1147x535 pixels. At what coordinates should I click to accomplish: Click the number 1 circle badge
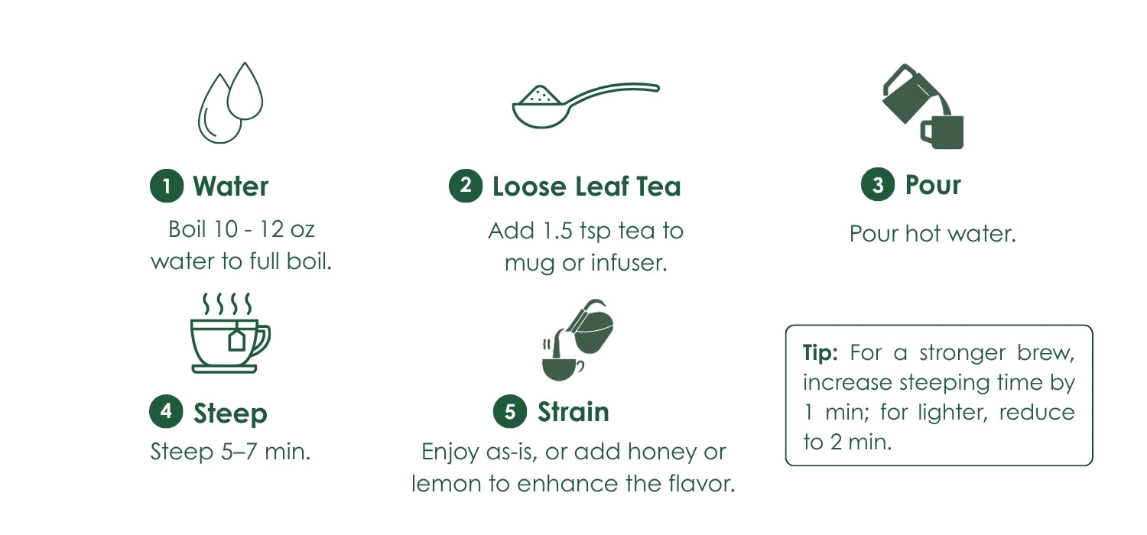(167, 186)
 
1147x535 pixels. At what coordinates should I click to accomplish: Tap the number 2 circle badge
(466, 185)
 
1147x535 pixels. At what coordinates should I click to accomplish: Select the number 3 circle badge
(878, 184)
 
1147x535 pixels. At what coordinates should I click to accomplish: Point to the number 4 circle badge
(166, 411)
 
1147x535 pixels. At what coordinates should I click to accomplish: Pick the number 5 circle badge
(510, 411)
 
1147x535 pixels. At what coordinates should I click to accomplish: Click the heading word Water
(230, 186)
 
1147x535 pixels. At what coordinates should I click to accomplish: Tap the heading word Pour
(933, 185)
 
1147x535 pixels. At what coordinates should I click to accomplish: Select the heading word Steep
(230, 413)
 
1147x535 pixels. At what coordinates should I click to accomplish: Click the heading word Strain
(573, 412)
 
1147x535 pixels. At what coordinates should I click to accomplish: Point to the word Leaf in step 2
(602, 186)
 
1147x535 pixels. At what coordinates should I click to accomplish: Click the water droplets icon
(230, 103)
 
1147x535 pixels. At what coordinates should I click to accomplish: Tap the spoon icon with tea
(586, 105)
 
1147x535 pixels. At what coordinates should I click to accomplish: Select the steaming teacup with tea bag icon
(230, 332)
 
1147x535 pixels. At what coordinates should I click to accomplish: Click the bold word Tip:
(820, 353)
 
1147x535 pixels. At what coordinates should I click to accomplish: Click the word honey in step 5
(662, 452)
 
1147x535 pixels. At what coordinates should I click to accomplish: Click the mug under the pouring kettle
(942, 132)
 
